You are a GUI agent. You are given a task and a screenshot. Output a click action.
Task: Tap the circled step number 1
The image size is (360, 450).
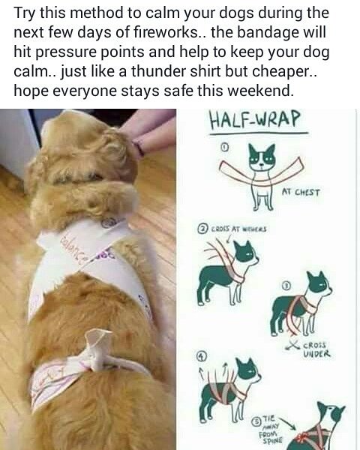pyautogui.click(x=223, y=148)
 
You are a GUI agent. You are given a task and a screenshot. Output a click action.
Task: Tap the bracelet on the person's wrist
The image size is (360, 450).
pyautogui.click(x=138, y=147)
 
